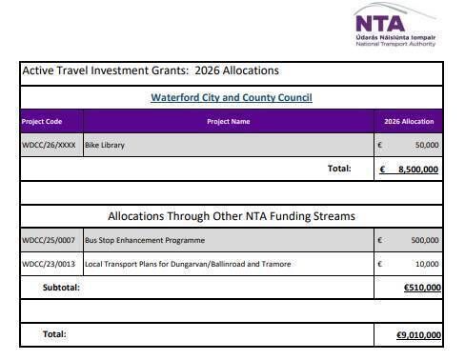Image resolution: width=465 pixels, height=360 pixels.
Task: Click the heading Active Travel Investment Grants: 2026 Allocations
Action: point(151,70)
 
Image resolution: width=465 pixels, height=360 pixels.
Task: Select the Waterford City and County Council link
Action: point(232,97)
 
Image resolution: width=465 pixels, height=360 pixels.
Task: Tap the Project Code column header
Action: point(43,121)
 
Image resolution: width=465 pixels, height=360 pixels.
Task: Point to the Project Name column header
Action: point(228,121)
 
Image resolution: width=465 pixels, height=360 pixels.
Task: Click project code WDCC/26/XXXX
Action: point(49,145)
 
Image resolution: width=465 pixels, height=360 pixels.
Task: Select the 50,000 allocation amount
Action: point(425,145)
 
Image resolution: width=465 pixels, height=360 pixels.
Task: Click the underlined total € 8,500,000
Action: point(409,169)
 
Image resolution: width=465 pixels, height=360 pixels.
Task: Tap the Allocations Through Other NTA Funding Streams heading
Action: point(232,216)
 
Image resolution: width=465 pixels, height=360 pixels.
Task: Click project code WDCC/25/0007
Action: point(49,240)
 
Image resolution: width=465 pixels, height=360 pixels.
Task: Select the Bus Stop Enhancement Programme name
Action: point(144,240)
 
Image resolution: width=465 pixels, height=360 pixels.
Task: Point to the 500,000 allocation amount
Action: point(423,240)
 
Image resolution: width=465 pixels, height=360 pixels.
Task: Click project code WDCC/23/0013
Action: point(49,263)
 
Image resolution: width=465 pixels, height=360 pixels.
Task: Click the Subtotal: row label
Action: point(61,287)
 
